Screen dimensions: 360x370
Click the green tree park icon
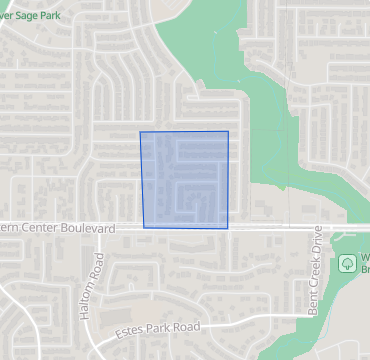(346, 264)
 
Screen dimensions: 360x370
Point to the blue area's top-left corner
(140, 132)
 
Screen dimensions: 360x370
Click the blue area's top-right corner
(228, 131)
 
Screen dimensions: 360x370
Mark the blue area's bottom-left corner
(144, 228)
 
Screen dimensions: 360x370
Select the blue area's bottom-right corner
(229, 228)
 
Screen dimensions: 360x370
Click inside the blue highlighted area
(185, 180)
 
